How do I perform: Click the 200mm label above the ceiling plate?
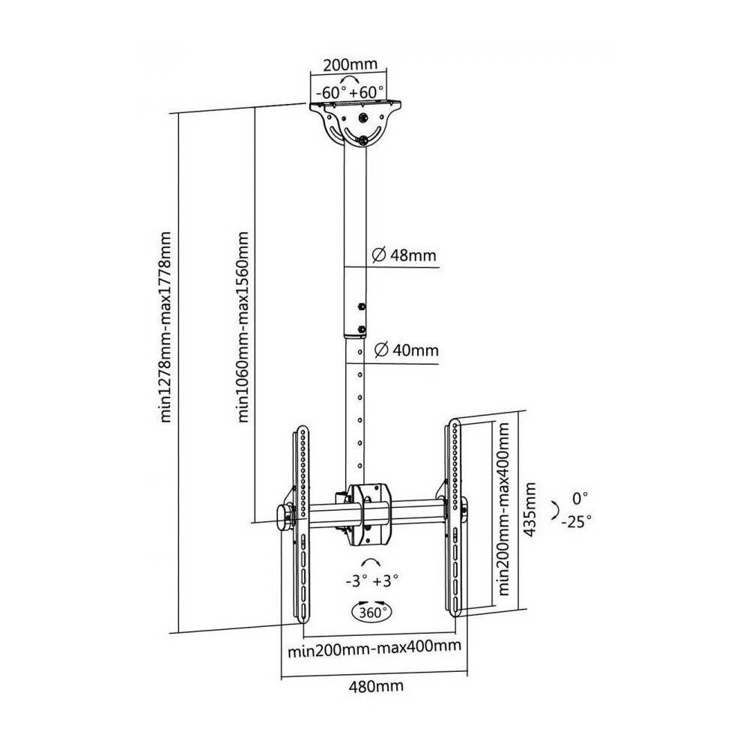[350, 64]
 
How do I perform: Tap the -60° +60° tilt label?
[349, 91]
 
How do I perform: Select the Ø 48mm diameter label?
[404, 255]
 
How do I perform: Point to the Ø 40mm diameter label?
[406, 351]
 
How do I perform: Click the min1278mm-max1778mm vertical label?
[166, 327]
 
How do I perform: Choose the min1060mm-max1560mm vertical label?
[243, 327]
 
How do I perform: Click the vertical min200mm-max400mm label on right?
[503, 509]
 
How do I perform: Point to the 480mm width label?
[376, 686]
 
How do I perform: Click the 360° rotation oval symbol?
[372, 612]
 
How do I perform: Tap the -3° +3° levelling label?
[372, 581]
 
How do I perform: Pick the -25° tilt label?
[577, 521]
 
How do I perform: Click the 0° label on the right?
[580, 499]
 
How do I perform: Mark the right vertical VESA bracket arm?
[453, 518]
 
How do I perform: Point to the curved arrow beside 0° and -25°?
[556, 510]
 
